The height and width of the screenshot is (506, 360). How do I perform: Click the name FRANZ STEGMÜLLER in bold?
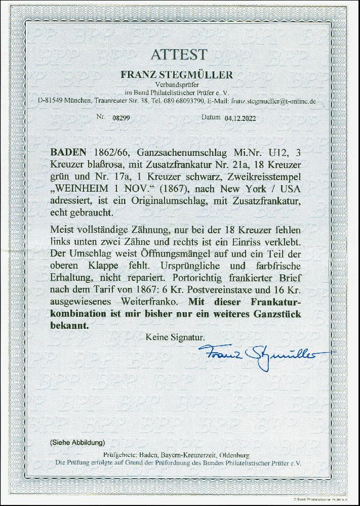(177, 75)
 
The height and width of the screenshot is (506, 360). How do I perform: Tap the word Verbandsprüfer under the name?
(177, 85)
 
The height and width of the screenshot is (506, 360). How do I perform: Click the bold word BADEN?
(67, 152)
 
